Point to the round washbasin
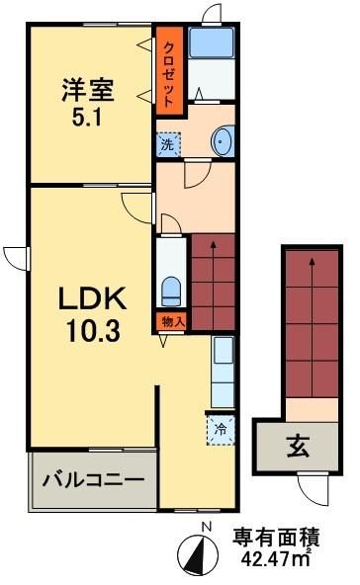tap(223, 142)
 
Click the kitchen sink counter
tap(223, 375)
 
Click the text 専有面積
tap(276, 539)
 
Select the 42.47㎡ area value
tap(276, 561)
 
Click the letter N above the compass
tap(205, 527)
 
